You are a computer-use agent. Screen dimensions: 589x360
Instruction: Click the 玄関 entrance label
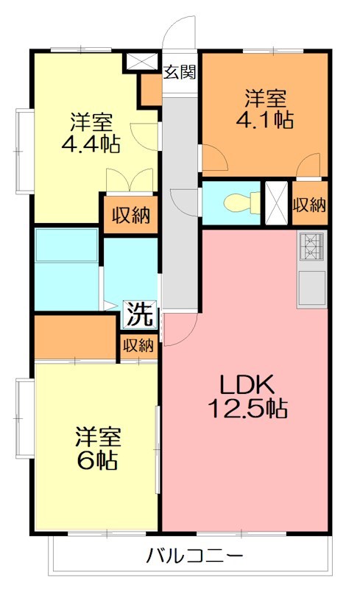click(x=180, y=72)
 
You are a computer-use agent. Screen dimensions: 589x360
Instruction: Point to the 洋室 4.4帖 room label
click(x=91, y=133)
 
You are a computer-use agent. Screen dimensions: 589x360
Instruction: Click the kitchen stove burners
click(x=311, y=247)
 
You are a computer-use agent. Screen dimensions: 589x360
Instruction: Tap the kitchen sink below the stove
click(x=311, y=287)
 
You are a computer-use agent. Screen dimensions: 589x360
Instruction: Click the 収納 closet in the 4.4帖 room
click(x=130, y=216)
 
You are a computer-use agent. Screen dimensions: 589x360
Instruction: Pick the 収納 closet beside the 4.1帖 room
click(x=309, y=204)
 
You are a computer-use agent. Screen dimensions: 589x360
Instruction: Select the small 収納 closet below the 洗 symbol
click(x=138, y=345)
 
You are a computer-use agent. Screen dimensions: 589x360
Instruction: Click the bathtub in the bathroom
click(x=66, y=245)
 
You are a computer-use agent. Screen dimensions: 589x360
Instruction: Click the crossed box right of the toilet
click(x=277, y=202)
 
